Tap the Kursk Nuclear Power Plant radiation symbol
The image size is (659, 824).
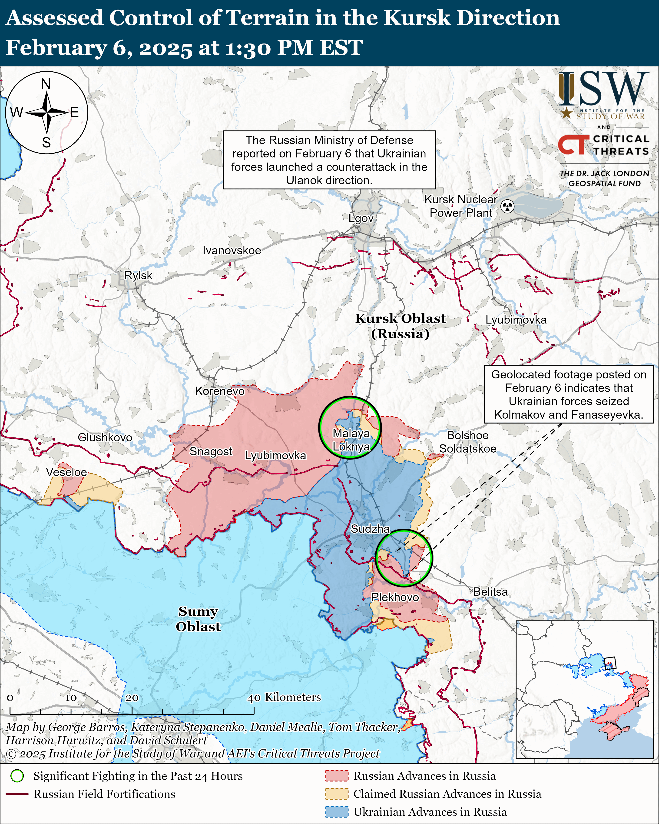point(507,206)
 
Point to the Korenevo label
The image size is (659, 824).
point(220,391)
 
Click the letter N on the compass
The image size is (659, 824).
point(46,84)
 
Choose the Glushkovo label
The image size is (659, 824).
point(105,437)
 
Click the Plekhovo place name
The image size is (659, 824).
point(395,597)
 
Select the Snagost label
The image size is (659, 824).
point(211,451)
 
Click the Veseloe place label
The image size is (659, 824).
point(66,472)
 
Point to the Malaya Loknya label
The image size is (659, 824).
point(351,440)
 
